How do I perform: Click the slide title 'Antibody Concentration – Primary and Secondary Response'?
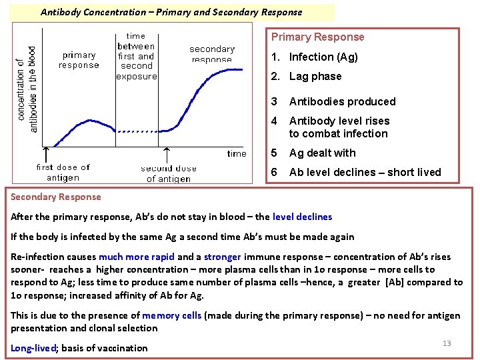171,12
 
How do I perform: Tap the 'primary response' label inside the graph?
79,60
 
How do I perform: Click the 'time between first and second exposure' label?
137,57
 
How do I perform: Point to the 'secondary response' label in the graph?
212,53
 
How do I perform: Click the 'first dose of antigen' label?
63,172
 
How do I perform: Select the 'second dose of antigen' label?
169,173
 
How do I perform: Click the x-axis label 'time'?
237,153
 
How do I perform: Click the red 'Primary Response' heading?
317,37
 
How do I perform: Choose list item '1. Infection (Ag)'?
315,57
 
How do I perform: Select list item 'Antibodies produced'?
342,102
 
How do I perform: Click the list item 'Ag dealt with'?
322,153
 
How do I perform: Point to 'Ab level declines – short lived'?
365,173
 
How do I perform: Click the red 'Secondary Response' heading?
56,197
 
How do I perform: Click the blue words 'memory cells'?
171,315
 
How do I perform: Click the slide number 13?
447,343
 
